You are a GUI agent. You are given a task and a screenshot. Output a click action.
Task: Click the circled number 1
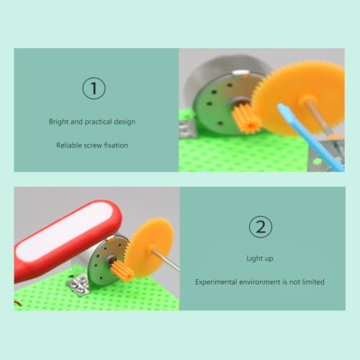point(94,88)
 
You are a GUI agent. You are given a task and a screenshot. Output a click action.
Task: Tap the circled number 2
point(261,227)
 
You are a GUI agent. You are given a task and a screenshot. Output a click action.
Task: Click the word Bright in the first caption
point(59,122)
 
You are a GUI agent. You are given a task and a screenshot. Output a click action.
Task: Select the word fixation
point(116,145)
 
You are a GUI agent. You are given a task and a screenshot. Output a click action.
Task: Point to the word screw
point(93,145)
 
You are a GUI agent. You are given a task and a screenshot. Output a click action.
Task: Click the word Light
point(255,258)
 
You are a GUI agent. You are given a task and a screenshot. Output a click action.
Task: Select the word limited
point(313,282)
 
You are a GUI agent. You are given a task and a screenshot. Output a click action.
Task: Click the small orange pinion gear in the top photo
point(247,119)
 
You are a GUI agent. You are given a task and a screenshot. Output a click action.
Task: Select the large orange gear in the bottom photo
point(149,247)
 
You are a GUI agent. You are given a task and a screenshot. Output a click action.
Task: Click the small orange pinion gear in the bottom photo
point(122,271)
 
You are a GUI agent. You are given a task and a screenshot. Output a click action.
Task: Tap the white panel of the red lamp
point(64,231)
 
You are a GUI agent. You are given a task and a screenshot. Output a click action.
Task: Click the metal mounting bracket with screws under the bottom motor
point(78,286)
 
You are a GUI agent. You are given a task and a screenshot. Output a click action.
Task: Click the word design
point(125,122)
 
